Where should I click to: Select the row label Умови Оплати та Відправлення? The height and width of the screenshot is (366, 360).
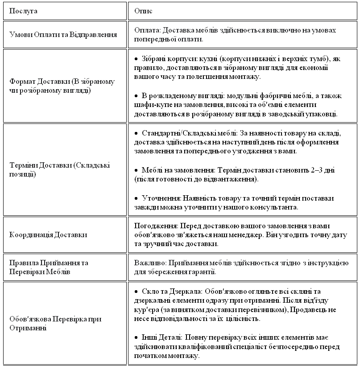pyautogui.click(x=63, y=34)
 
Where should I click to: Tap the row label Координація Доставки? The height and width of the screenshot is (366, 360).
pyautogui.click(x=48, y=234)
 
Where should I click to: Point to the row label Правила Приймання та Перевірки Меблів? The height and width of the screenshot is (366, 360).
pyautogui.click(x=49, y=267)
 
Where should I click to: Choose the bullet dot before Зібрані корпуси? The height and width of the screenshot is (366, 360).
pyautogui.click(x=136, y=59)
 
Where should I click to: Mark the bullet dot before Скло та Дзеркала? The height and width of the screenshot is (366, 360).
pyautogui.click(x=136, y=292)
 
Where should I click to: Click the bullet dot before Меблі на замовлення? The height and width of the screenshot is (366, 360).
pyautogui.click(x=136, y=170)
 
